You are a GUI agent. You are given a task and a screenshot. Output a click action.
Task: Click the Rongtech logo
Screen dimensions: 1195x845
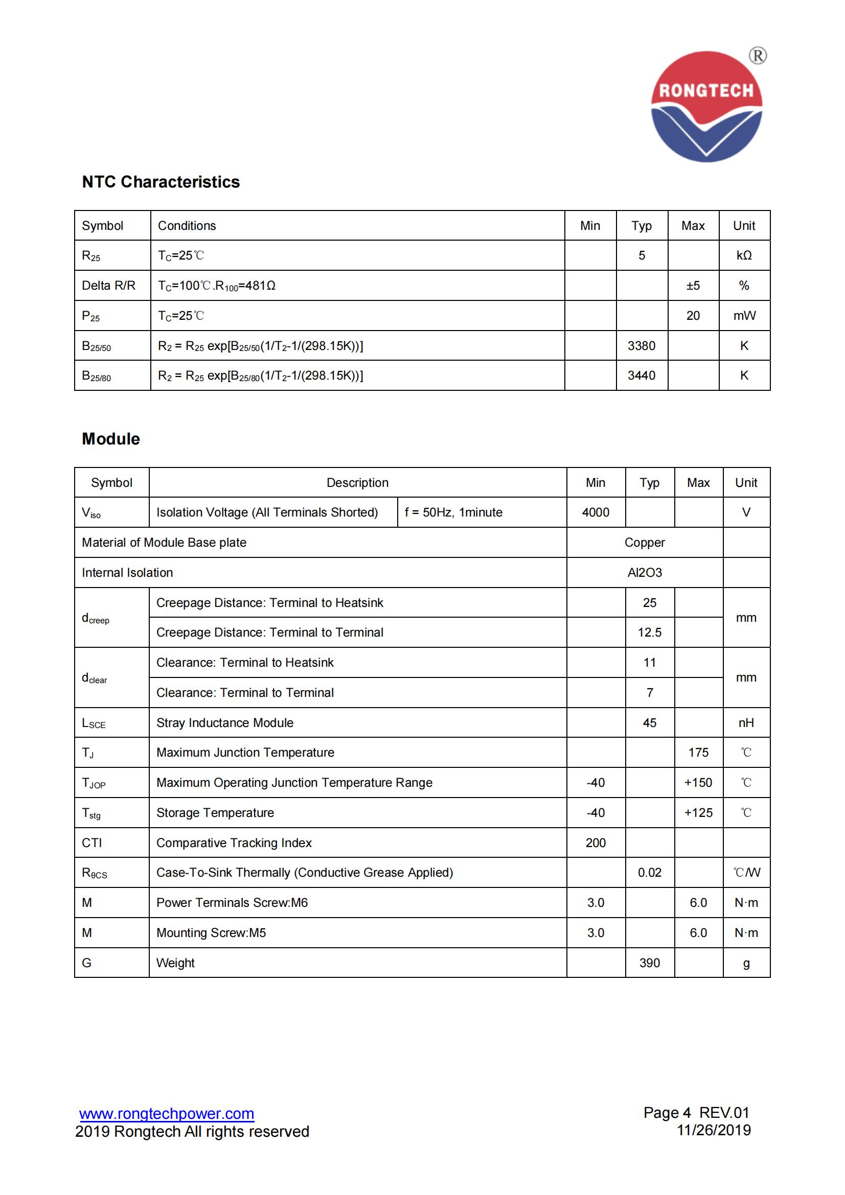point(706,107)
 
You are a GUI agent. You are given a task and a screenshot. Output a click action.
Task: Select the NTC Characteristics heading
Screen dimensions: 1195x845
point(161,182)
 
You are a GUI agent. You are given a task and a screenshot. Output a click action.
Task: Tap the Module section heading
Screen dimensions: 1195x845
point(111,439)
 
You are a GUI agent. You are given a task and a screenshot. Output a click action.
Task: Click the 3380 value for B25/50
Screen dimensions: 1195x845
point(642,345)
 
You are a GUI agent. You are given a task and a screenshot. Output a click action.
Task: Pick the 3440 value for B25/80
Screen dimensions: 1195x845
point(642,376)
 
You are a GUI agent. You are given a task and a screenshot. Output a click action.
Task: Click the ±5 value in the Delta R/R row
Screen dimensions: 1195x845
point(693,285)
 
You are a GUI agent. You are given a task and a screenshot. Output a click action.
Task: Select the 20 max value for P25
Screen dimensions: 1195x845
point(693,315)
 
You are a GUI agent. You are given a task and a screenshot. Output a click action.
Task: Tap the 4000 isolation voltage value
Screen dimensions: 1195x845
point(596,512)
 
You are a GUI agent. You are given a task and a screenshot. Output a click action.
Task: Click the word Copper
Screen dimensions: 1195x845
point(645,543)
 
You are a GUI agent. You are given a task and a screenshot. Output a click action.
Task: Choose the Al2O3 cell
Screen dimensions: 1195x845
point(645,573)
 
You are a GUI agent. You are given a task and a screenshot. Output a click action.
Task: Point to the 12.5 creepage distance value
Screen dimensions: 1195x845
point(650,632)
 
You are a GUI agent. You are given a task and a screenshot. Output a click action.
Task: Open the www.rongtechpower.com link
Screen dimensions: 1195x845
point(167,1114)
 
